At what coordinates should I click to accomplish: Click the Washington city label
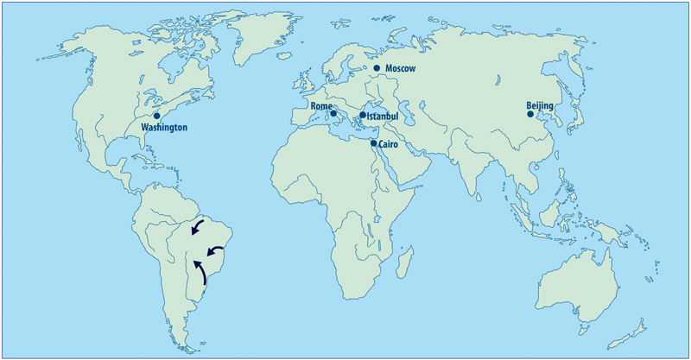tap(163, 128)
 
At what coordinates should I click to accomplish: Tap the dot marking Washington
tap(156, 115)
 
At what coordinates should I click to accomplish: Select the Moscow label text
tap(401, 68)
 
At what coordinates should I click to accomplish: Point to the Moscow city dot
tap(377, 67)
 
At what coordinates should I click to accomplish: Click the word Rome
tap(321, 107)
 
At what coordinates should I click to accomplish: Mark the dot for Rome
tap(333, 113)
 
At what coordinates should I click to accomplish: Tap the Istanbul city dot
tap(363, 114)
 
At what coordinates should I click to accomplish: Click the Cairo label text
tap(389, 145)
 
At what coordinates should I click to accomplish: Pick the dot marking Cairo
tap(374, 142)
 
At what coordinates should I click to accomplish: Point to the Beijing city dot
tap(530, 113)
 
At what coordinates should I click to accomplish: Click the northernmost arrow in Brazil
tap(198, 228)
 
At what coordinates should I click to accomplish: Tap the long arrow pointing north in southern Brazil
tap(200, 270)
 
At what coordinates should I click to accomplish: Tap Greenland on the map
tap(263, 35)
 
